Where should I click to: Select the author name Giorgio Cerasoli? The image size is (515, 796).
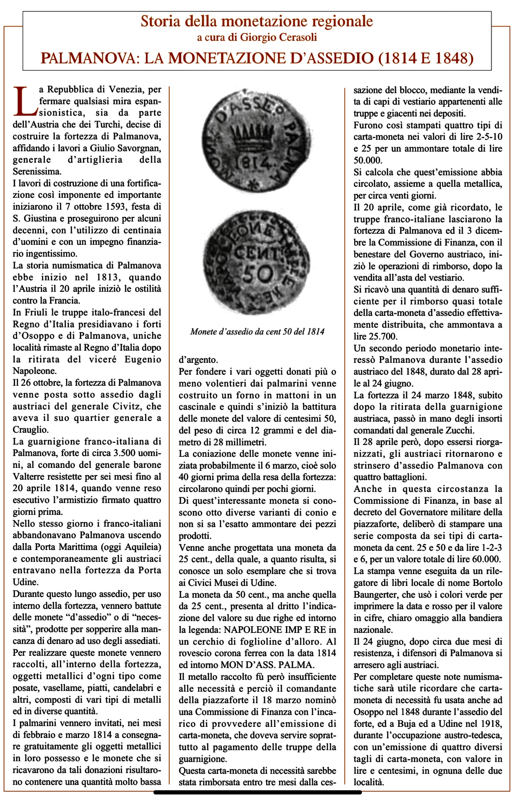(x=279, y=37)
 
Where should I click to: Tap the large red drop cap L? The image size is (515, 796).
(x=25, y=101)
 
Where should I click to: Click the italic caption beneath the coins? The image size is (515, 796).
(x=257, y=332)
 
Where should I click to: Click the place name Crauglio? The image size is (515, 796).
(x=31, y=430)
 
